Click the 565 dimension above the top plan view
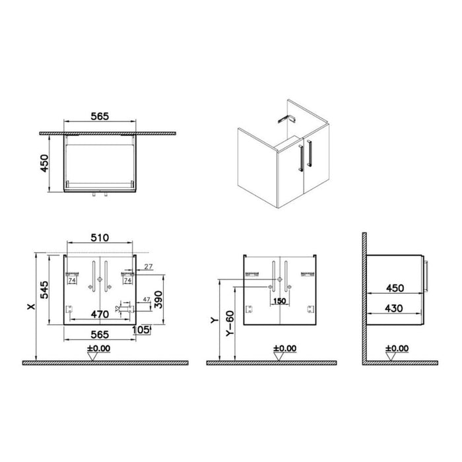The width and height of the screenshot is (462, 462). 100,114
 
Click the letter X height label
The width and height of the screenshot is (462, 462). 28,306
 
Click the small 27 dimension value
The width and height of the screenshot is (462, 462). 148,267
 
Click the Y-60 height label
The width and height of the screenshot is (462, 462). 228,323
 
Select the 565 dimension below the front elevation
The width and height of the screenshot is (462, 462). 100,335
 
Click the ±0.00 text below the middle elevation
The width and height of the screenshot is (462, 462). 286,348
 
